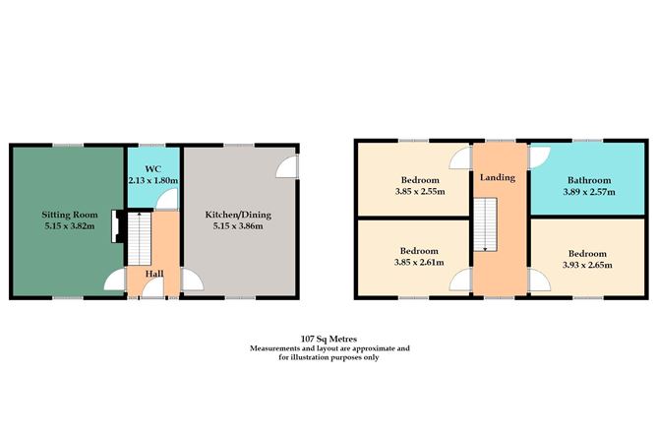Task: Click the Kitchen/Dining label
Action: point(237,214)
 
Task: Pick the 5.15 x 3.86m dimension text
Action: point(237,226)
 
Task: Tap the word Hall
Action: point(154,272)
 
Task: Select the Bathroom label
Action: point(589,180)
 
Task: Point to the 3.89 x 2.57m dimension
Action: point(589,192)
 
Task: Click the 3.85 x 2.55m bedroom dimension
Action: point(420,192)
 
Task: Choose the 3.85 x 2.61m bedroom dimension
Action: point(420,263)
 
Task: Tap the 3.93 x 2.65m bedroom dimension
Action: point(587,264)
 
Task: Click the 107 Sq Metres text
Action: point(328,337)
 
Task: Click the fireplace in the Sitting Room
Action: point(115,225)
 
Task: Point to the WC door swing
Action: point(169,200)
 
